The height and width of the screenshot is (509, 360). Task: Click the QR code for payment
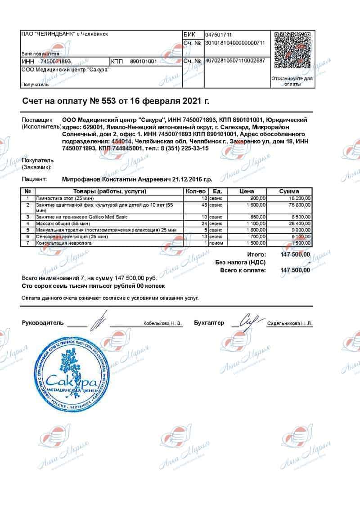pos(292,50)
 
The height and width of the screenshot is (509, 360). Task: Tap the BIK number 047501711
pos(219,35)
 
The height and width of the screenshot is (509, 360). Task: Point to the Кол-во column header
pos(196,192)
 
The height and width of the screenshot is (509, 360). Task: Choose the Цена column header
pos(247,192)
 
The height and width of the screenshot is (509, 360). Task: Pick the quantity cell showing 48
pos(203,205)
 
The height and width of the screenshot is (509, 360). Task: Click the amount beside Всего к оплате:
pos(295,270)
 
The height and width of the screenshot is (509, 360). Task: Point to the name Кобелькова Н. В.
pos(162,323)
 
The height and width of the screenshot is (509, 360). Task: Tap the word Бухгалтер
pos(209,323)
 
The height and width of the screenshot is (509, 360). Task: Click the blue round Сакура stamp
pos(72,375)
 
